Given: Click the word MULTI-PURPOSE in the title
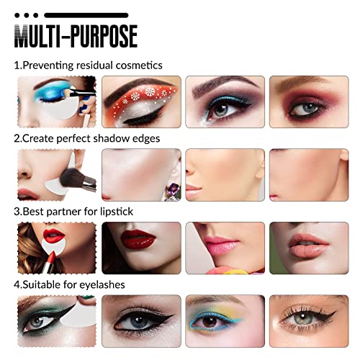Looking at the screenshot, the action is (76, 36).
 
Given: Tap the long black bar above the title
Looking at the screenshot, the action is (86, 15).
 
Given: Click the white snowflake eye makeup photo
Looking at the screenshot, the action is (141, 102).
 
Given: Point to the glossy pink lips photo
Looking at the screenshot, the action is (225, 248).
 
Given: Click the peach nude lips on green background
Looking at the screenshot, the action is (309, 248).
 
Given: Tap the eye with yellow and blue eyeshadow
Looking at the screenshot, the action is (225, 321).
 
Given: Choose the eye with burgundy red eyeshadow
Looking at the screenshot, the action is (309, 102).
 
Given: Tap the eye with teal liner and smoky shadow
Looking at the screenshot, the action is (225, 102).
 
